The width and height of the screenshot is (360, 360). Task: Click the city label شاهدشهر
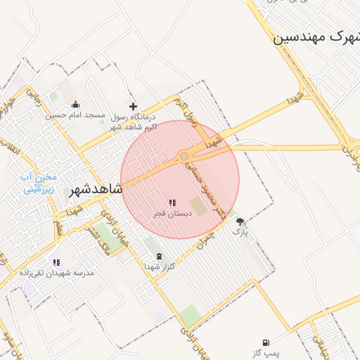[x=96, y=190]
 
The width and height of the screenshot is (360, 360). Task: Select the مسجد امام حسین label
[x=76, y=115]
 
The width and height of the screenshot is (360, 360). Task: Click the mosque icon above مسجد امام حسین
[x=76, y=105]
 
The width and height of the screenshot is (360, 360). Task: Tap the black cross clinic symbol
[x=132, y=106]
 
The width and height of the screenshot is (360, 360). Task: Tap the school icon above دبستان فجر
[x=172, y=202]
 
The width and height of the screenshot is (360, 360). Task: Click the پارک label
[x=240, y=231]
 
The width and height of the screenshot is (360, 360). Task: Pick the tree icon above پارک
[x=240, y=221]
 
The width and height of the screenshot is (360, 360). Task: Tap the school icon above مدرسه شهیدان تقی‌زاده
[x=56, y=262]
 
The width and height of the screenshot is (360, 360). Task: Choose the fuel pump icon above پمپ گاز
[x=266, y=342]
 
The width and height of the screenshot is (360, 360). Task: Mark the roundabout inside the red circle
[x=184, y=156]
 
